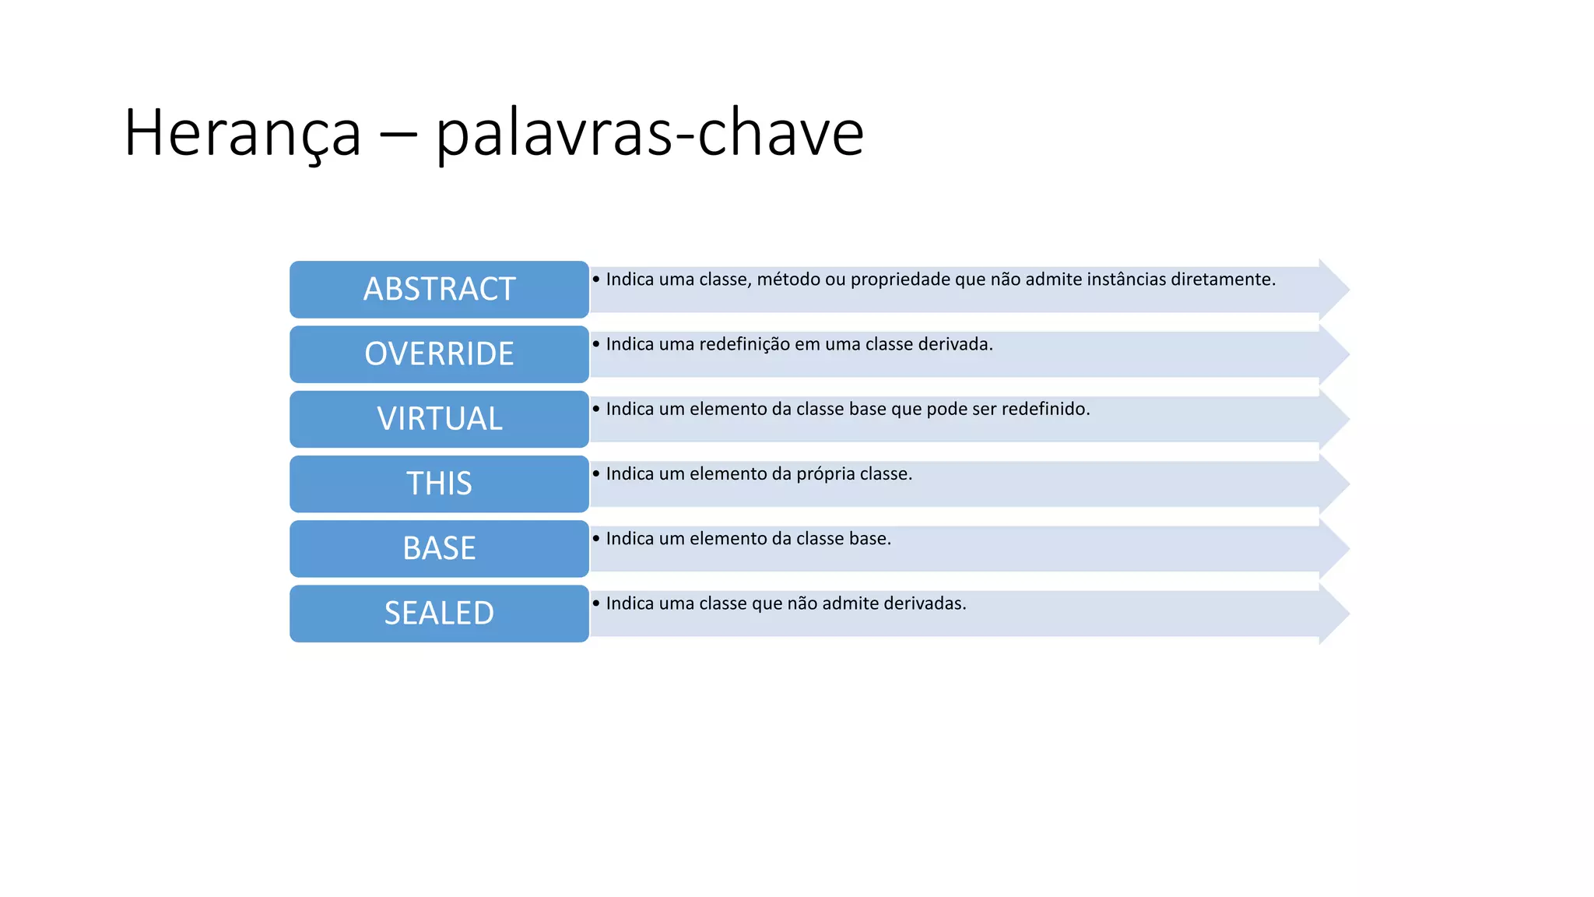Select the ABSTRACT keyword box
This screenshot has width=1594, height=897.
click(439, 290)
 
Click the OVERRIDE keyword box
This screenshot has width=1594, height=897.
click(439, 354)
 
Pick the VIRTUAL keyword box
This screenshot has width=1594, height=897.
click(439, 419)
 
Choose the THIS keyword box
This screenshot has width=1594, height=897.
click(439, 484)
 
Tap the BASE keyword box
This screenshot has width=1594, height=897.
click(439, 548)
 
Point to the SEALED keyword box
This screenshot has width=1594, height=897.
click(439, 614)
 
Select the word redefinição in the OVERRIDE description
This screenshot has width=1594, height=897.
click(744, 344)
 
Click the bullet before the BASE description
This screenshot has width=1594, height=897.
click(596, 538)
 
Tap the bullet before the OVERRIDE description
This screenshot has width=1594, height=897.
click(596, 343)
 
